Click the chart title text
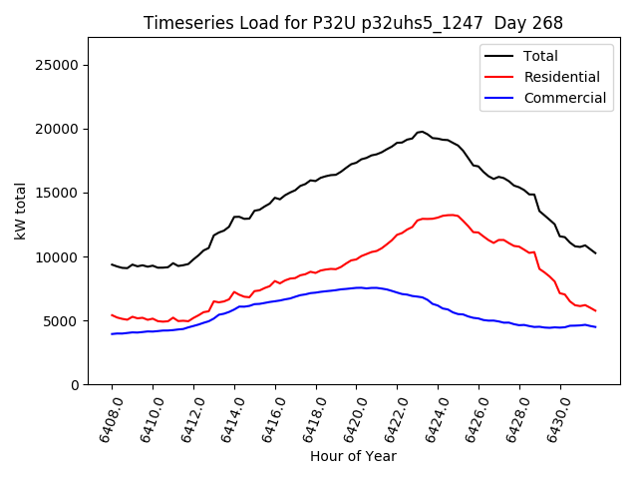(353, 23)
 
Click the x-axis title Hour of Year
(353, 456)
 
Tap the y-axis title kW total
(20, 212)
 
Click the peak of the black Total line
(421, 131)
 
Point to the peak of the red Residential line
(452, 215)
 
